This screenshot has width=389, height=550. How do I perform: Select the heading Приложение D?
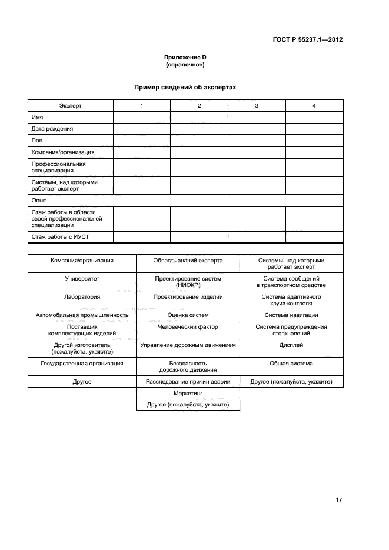pyautogui.click(x=185, y=57)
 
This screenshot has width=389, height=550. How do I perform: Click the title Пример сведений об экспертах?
pyautogui.click(x=185, y=86)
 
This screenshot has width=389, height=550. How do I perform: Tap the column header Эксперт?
pyautogui.click(x=70, y=105)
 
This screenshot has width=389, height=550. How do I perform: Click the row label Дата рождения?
pyautogui.click(x=52, y=128)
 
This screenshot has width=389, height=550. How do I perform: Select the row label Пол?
pyautogui.click(x=36, y=140)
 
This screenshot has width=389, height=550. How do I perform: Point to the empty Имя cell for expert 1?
pyautogui.click(x=142, y=117)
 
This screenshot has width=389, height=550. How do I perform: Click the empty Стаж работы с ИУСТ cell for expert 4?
pyautogui.click(x=314, y=237)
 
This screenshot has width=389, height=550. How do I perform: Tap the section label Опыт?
pyautogui.click(x=39, y=201)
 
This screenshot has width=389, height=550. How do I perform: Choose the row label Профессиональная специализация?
pyautogui.click(x=58, y=167)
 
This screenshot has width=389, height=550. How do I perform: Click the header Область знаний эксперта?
pyautogui.click(x=188, y=260)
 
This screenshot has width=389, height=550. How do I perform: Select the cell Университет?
pyautogui.click(x=82, y=278)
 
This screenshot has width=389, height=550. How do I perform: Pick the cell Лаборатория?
pyautogui.click(x=82, y=297)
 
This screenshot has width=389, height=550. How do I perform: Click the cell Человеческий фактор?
pyautogui.click(x=188, y=327)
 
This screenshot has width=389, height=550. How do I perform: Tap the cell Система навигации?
pyautogui.click(x=291, y=315)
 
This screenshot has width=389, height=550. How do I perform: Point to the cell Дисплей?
pyautogui.click(x=291, y=345)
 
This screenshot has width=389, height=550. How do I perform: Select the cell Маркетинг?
pyautogui.click(x=188, y=394)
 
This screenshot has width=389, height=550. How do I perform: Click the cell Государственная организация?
pyautogui.click(x=82, y=364)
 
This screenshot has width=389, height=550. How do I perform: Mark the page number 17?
pyautogui.click(x=338, y=500)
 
